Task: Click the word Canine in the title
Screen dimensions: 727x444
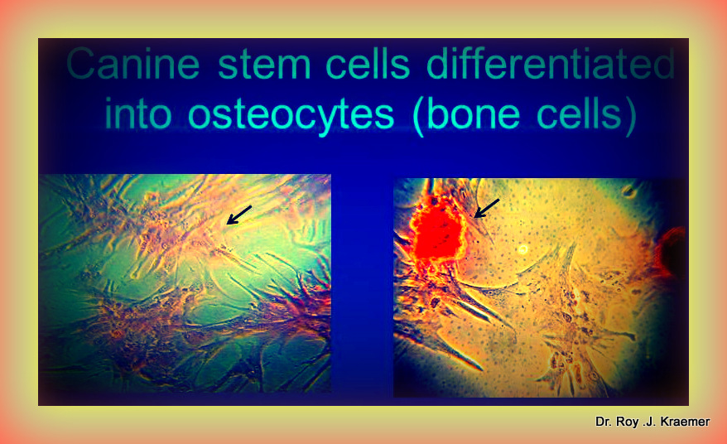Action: point(133,64)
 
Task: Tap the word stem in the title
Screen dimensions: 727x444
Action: point(264,64)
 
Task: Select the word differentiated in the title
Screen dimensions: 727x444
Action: point(551,63)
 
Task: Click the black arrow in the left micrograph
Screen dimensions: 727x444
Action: point(238,215)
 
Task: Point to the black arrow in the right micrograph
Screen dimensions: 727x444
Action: point(487,208)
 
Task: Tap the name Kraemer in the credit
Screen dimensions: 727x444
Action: point(681,422)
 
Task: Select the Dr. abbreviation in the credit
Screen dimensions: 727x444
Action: point(604,422)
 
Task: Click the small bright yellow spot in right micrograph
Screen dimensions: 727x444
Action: point(523,249)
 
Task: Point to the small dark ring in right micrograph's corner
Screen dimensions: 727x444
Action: point(629,191)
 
